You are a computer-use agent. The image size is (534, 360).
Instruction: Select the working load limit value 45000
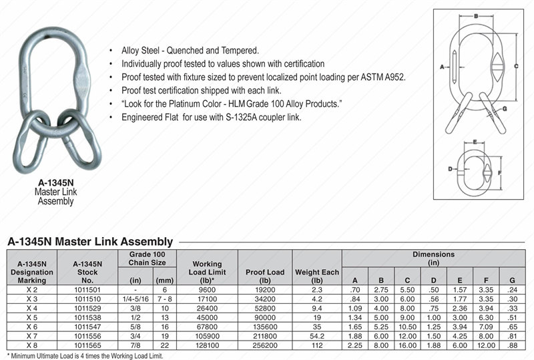(207, 318)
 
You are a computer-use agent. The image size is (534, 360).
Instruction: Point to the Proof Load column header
(266, 272)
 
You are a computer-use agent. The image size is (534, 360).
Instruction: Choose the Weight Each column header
(316, 272)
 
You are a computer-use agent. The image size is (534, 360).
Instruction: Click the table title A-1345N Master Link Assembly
(89, 241)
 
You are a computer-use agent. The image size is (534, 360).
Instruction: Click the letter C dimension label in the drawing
(517, 66)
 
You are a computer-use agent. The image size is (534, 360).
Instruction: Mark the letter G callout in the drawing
(504, 108)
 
